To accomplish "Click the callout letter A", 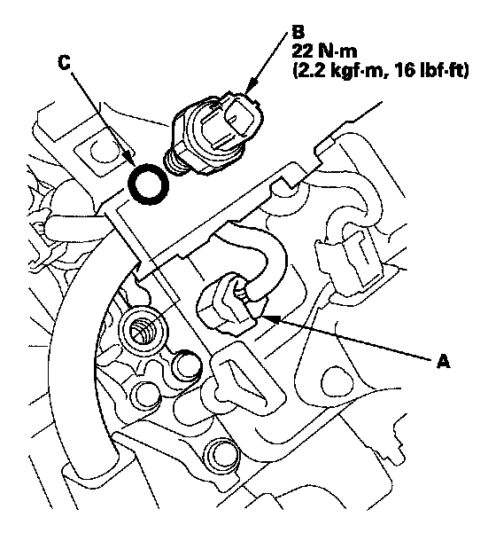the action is point(443,362).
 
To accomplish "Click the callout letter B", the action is point(298,32).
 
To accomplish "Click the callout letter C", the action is point(64,63).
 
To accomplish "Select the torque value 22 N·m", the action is point(324,51).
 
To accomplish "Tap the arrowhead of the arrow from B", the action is point(251,87).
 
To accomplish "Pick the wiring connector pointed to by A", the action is point(228,303).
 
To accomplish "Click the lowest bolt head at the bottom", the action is point(221,456).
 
